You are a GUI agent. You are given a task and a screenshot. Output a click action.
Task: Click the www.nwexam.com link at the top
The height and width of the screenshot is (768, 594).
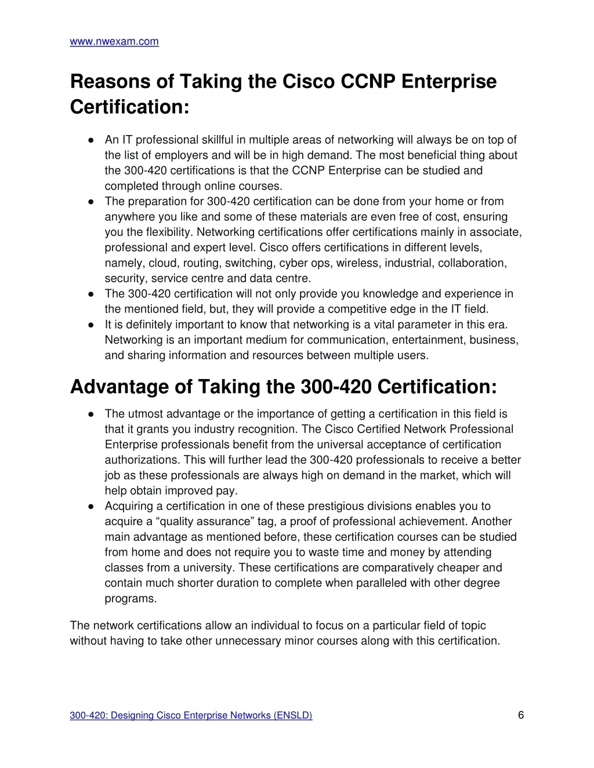pos(114,42)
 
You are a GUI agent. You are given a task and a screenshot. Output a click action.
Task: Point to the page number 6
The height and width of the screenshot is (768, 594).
pos(521,715)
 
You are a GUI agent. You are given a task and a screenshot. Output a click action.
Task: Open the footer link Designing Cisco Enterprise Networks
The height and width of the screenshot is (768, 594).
pos(191,716)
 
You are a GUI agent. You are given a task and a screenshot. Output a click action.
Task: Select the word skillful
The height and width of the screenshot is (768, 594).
pos(218,140)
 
